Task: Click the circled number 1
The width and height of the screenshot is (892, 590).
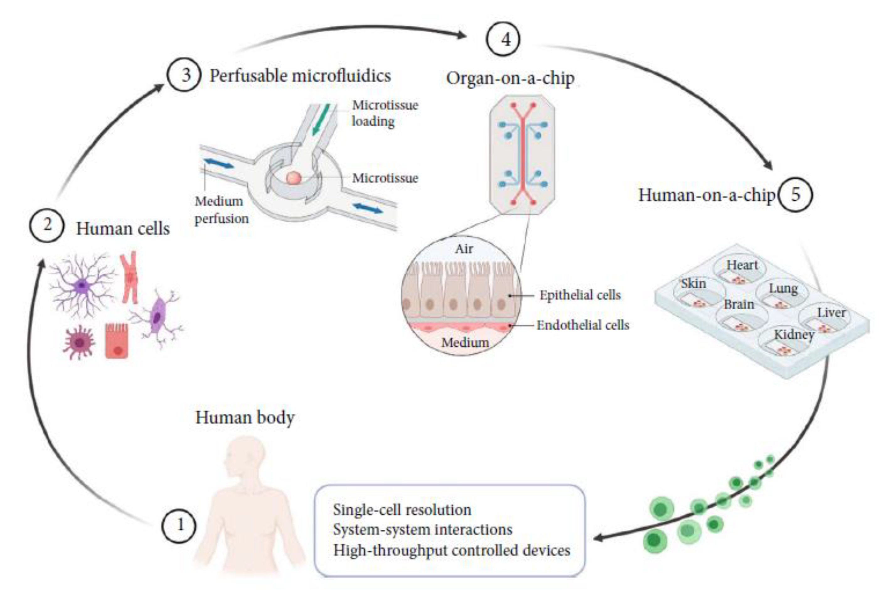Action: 179,525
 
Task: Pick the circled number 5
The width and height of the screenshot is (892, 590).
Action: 795,195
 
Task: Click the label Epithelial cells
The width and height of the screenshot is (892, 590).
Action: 580,295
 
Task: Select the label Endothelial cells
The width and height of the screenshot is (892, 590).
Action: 583,325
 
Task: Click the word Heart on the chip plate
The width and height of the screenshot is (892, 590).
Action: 742,265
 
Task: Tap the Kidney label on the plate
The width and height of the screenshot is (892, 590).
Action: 794,334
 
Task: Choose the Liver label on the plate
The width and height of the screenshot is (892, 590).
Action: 831,312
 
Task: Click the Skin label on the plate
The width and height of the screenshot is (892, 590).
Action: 693,283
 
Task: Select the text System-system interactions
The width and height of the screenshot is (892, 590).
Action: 423,529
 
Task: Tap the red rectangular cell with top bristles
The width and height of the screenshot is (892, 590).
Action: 116,340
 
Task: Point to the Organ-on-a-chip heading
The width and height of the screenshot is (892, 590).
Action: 510,78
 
